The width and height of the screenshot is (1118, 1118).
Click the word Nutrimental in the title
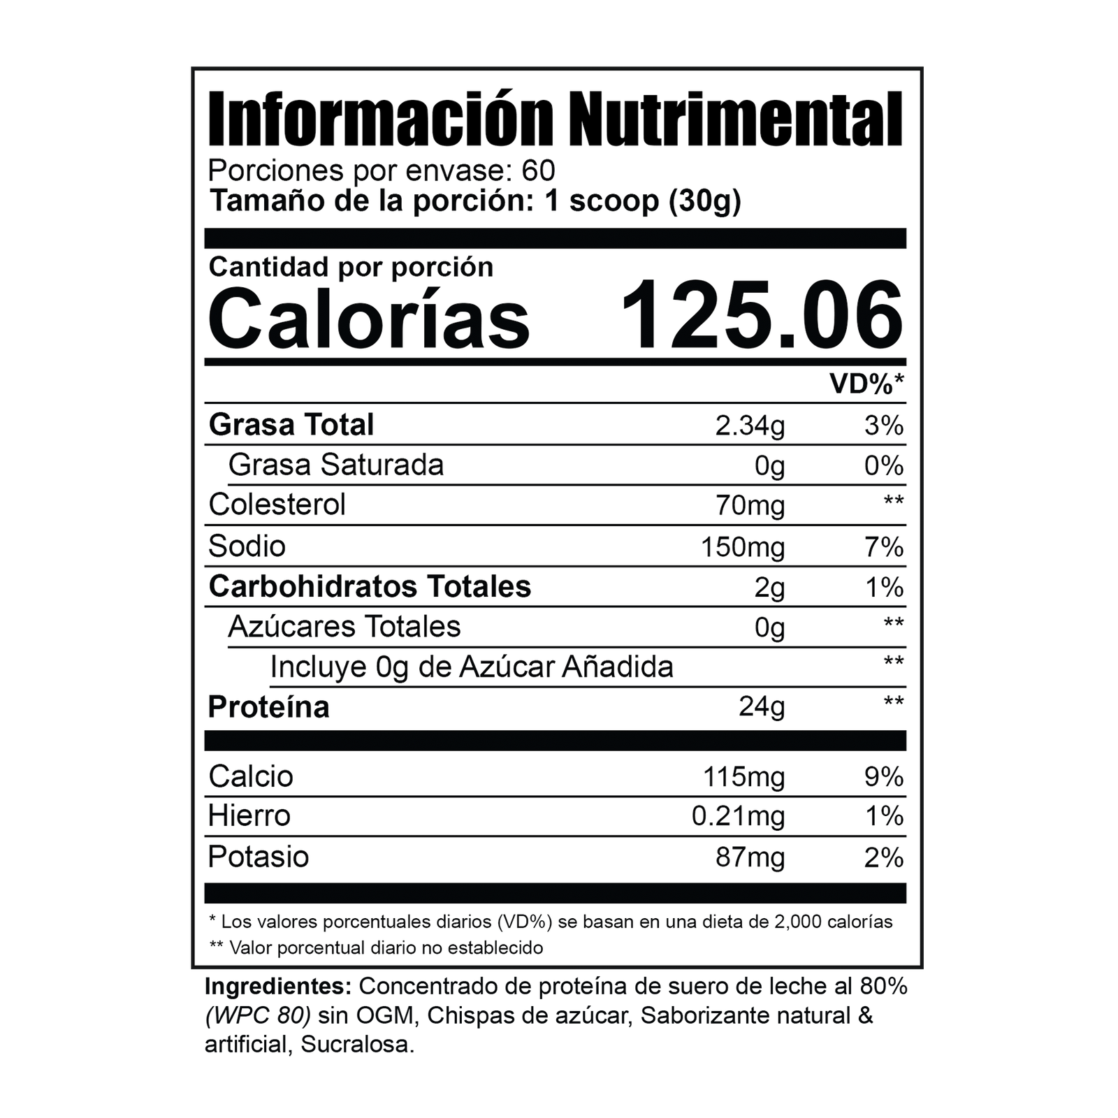coord(736,119)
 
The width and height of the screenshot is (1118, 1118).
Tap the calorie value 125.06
coord(762,314)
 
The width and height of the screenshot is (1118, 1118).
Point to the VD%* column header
coord(866,383)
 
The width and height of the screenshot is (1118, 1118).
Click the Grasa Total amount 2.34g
coord(750,426)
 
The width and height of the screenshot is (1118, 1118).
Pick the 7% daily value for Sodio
coord(884,546)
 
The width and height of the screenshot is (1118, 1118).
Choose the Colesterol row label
coord(277,504)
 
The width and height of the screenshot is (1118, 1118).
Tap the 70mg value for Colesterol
coord(750,506)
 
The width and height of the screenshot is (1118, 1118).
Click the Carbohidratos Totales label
coord(370,586)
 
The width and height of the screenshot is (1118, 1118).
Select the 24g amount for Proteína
coord(762,708)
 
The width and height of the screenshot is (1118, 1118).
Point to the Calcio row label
coord(251,776)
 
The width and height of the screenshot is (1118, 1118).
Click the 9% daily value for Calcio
coord(884,777)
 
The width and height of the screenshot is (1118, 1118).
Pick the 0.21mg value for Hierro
coord(738,817)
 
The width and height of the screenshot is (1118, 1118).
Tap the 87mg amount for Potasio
coord(750,857)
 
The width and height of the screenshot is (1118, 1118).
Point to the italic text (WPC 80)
coord(258,1015)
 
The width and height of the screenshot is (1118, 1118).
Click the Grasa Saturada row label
coord(335,465)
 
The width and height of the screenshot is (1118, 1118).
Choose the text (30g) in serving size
coord(705,201)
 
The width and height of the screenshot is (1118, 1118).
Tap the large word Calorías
coord(369,316)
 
